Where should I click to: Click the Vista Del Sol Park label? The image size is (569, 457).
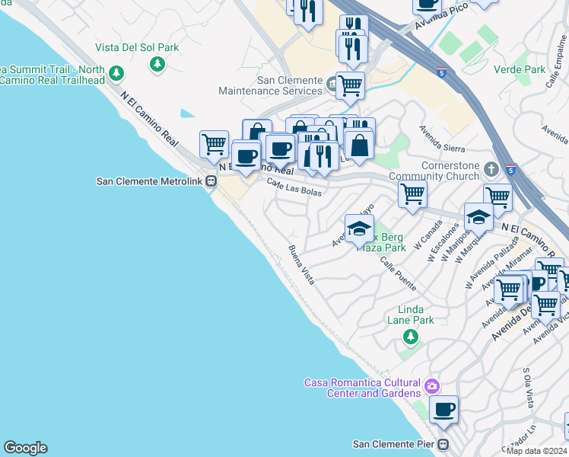click(x=138, y=47)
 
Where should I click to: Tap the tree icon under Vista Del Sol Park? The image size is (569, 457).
click(x=157, y=64)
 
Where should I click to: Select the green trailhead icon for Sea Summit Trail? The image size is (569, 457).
click(x=116, y=74)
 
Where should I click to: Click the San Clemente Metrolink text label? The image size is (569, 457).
click(x=151, y=181)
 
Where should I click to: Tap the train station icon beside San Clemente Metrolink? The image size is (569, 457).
click(x=212, y=181)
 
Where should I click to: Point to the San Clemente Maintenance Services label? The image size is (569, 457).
click(x=270, y=85)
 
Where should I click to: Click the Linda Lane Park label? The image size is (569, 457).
click(x=416, y=315)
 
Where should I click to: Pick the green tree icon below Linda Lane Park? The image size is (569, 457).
click(x=411, y=335)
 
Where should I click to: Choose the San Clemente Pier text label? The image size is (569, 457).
click(x=395, y=444)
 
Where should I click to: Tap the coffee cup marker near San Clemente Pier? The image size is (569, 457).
click(x=443, y=409)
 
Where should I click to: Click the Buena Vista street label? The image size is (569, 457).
click(x=300, y=265)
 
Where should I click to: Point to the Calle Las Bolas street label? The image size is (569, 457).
click(x=294, y=187)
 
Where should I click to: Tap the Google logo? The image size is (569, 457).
click(x=25, y=448)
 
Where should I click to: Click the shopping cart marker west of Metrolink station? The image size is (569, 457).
click(x=215, y=142)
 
